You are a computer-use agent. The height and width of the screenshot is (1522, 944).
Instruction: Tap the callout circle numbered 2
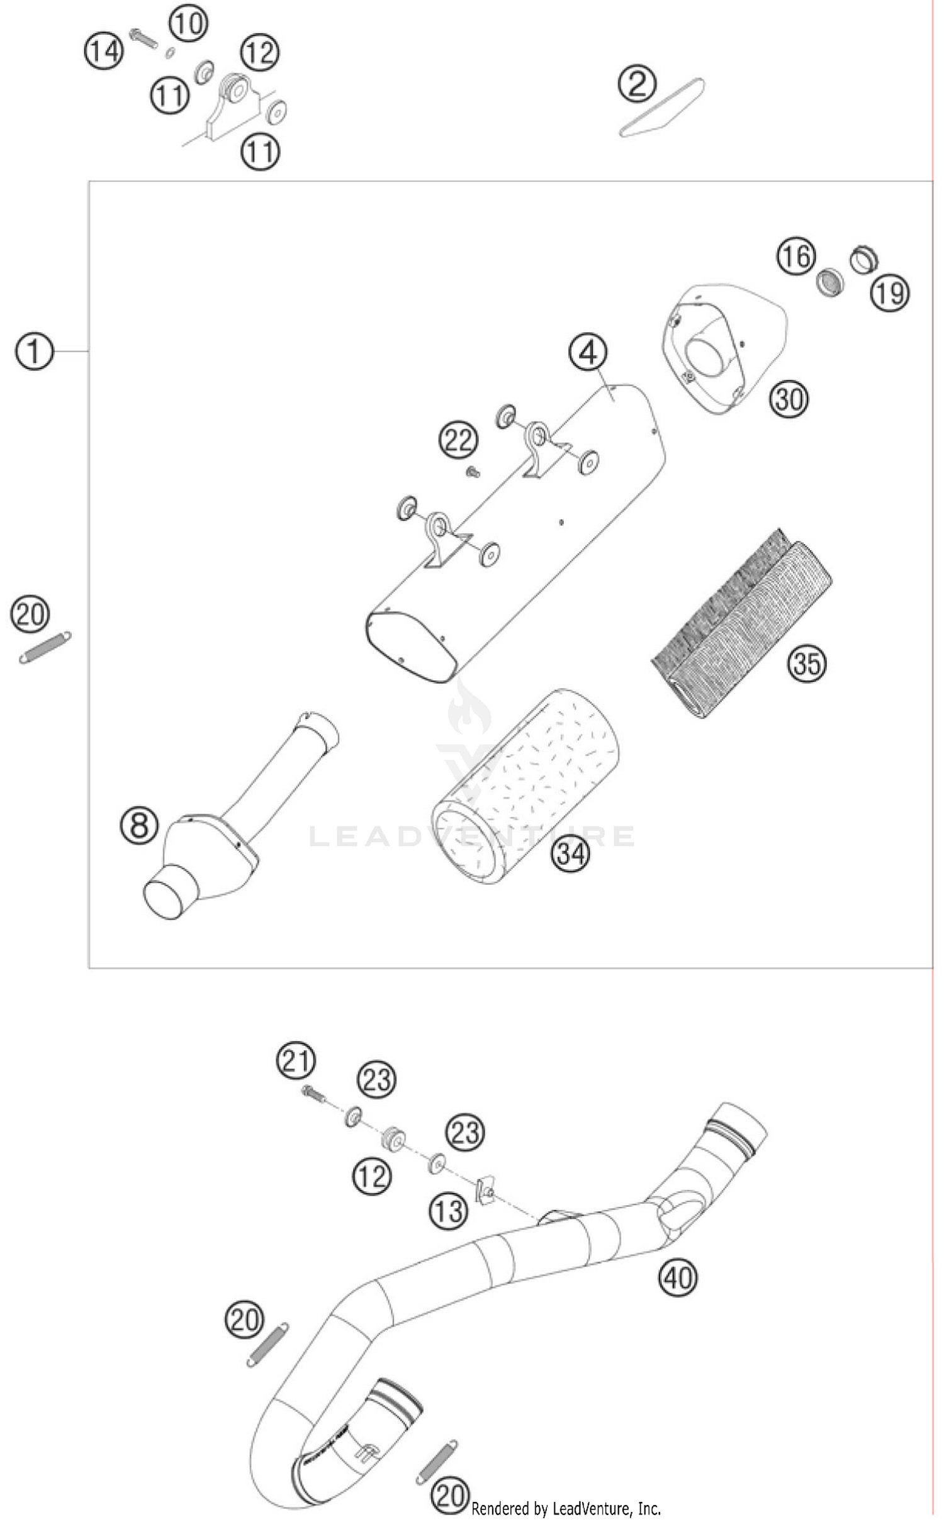pos(637,84)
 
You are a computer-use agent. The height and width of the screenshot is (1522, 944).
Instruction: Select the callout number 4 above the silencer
pos(588,353)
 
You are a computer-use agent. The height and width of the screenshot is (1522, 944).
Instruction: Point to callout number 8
pos(139,825)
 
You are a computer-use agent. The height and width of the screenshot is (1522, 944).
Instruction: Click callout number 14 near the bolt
pos(104,50)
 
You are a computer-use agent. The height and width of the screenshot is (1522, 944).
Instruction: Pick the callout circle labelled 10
pos(188,24)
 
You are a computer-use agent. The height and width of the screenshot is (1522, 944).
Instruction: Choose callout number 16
pos(796,256)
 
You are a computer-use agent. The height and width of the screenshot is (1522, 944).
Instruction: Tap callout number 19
pos(890,292)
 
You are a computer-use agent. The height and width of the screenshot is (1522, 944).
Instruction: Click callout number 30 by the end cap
pos(789,399)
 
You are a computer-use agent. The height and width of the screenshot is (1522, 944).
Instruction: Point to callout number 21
pos(296,1061)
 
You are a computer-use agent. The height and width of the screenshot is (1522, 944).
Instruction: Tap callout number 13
pos(449,1210)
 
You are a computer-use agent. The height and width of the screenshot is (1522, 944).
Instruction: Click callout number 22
pos(458,440)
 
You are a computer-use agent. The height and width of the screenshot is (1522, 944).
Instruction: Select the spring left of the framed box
pos(45,647)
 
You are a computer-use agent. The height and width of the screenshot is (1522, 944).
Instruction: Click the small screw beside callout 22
pos(473,471)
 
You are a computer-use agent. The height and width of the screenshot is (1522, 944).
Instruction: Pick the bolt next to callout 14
pos(145,37)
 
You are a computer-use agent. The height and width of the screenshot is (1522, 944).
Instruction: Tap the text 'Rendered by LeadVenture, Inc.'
pos(566,1508)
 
